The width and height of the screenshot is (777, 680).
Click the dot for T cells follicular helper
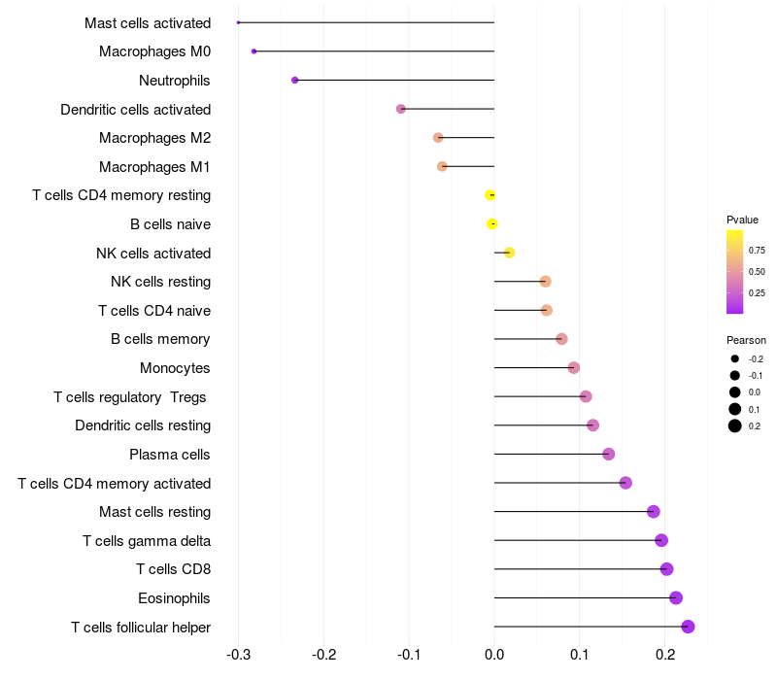point(688,627)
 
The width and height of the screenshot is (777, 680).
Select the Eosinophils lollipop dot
point(676,597)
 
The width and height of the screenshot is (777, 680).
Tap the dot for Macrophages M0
point(253,51)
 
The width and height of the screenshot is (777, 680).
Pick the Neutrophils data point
point(294,80)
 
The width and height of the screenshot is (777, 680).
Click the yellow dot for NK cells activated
point(509,253)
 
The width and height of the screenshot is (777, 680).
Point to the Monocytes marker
point(574,368)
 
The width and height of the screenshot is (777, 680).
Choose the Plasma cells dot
point(609,454)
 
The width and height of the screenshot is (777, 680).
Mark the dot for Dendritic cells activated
point(401,109)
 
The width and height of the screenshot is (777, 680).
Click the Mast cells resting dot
point(654,512)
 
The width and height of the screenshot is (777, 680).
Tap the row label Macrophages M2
point(154,138)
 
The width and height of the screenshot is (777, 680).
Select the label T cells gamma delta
point(147,541)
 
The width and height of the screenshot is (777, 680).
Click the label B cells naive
point(170,224)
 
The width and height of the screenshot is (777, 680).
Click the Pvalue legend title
point(742,220)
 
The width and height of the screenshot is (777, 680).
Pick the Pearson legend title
point(746,340)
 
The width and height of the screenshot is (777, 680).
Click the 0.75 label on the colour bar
point(757,251)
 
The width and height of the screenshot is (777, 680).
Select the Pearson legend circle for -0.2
point(735,359)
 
